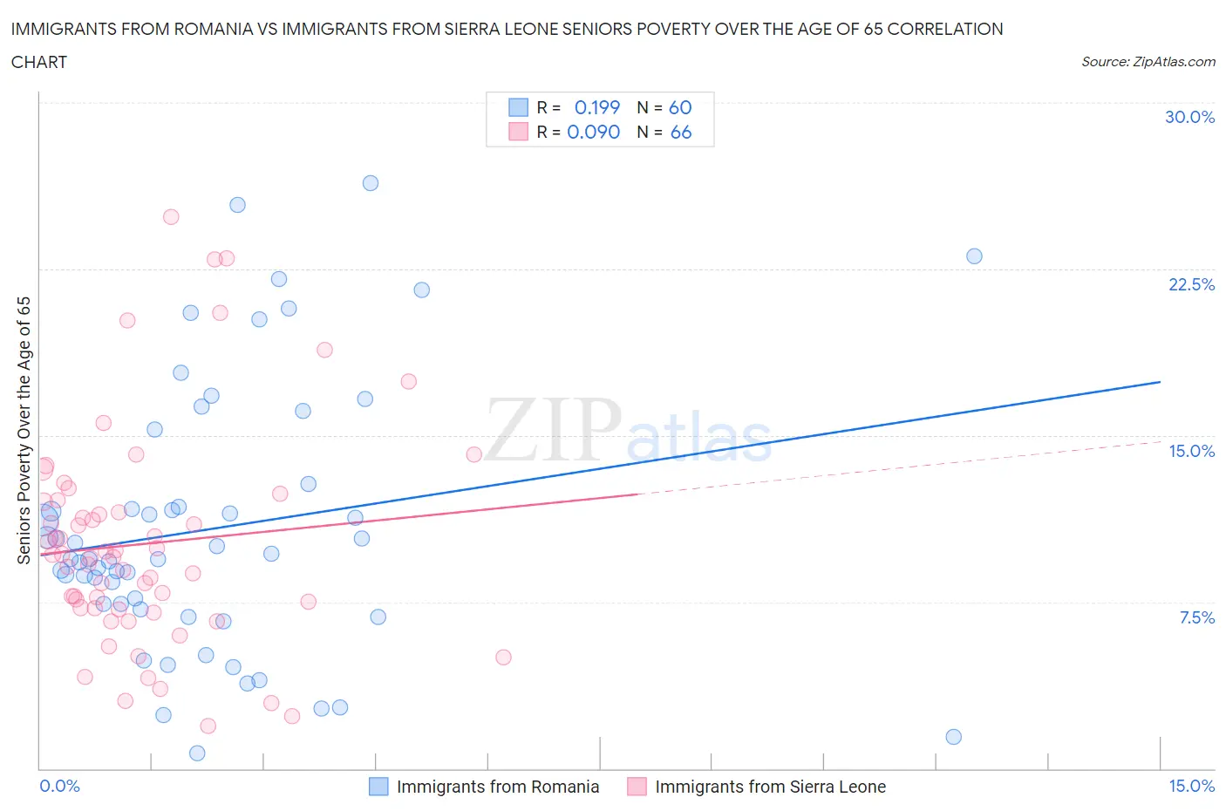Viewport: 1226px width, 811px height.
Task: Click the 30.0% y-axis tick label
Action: point(1189,117)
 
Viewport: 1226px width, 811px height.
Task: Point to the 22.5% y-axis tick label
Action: point(1191,284)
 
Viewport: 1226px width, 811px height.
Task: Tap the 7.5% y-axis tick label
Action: point(1196,617)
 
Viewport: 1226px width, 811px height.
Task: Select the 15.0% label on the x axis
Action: point(1191,786)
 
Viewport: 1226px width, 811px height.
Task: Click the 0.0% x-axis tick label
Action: point(59,786)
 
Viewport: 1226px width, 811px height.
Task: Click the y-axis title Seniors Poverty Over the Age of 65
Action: point(24,431)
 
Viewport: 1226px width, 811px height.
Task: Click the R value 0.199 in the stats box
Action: point(596,107)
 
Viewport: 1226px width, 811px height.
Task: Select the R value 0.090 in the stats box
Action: point(593,132)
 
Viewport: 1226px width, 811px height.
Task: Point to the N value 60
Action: point(680,107)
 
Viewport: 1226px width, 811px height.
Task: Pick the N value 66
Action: point(680,132)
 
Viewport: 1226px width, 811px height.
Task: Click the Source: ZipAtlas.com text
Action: point(1148,61)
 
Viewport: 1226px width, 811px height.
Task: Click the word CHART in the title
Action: point(39,62)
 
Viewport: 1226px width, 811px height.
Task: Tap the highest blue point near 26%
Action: point(371,183)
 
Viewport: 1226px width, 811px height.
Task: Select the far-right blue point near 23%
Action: point(974,256)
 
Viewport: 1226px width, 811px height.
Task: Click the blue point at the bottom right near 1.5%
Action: point(953,737)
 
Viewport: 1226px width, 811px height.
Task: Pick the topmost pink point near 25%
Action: point(171,217)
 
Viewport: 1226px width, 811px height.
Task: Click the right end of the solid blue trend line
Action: point(1160,382)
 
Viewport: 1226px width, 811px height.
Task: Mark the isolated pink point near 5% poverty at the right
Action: point(503,658)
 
